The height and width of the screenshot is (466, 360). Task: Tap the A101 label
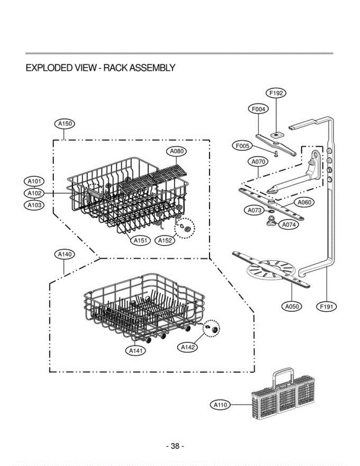pyautogui.click(x=34, y=181)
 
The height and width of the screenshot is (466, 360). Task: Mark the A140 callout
pyautogui.click(x=64, y=254)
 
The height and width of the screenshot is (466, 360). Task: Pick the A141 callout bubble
pyautogui.click(x=136, y=351)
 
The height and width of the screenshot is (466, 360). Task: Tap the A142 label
pyautogui.click(x=188, y=347)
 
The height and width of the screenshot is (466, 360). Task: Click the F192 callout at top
pyautogui.click(x=276, y=93)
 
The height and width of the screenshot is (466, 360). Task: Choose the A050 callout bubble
pyautogui.click(x=291, y=306)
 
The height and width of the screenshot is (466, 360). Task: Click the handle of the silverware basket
pyautogui.click(x=286, y=374)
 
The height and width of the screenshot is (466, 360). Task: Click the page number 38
pyautogui.click(x=175, y=447)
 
